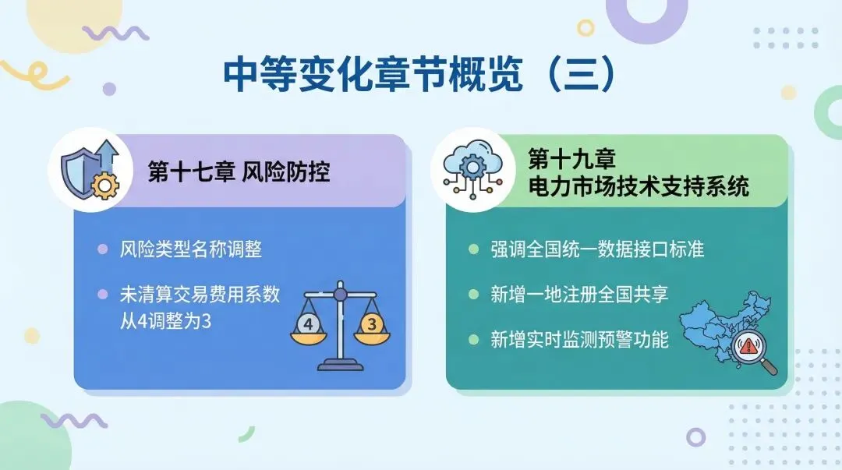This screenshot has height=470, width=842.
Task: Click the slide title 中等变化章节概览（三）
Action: pos(420,75)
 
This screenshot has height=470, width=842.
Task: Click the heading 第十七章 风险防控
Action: pos(239,172)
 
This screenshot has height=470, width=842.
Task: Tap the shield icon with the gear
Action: pos(88,171)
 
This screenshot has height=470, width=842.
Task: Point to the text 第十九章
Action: pos(571,160)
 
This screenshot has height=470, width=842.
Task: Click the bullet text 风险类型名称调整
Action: pos(190,250)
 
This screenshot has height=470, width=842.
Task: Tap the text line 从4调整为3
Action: pos(165,320)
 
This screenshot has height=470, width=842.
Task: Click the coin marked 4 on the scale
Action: pos(310,325)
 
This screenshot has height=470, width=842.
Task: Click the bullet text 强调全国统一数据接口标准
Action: pos(597,249)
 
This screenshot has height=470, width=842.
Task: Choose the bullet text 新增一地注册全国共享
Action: pos(579,295)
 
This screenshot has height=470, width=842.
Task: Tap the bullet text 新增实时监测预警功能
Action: pos(579,340)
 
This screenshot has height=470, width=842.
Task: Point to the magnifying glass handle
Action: pos(770,366)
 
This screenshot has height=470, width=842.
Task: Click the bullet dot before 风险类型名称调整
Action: pos(102,250)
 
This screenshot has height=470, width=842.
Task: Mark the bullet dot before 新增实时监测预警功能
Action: pos(473,340)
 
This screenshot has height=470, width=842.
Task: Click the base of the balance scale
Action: pos(339,365)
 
